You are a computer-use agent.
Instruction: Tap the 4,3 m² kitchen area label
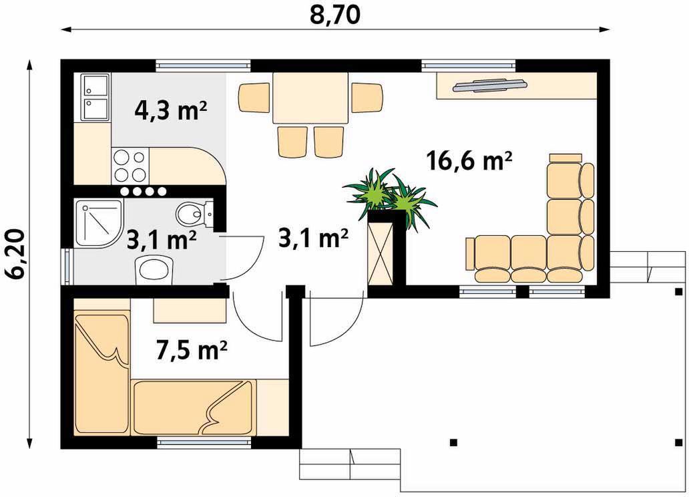click(x=170, y=112)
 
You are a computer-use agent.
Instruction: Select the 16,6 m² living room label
click(x=469, y=161)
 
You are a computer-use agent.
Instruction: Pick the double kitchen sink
click(x=95, y=98)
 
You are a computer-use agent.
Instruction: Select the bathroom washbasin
click(x=154, y=270)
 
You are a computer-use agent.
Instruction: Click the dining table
click(x=310, y=98)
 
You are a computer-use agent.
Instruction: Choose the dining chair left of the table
click(x=254, y=98)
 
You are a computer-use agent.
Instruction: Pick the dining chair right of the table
click(x=367, y=98)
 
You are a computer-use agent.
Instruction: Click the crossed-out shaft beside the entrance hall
click(x=380, y=255)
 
